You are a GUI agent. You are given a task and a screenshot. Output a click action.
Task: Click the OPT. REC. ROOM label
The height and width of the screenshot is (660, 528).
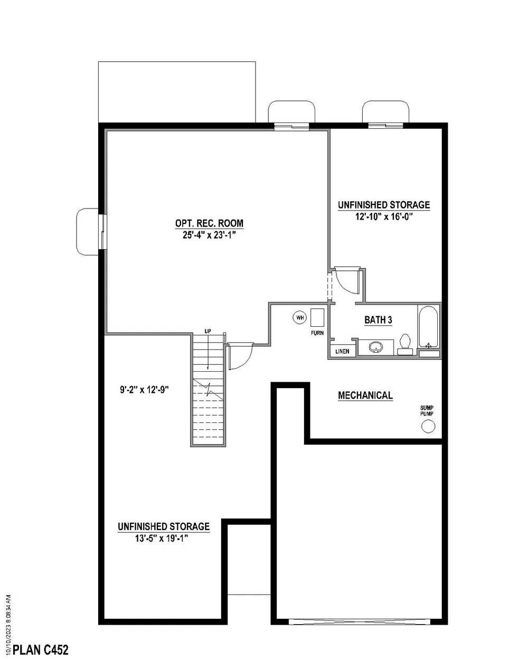pyautogui.click(x=209, y=223)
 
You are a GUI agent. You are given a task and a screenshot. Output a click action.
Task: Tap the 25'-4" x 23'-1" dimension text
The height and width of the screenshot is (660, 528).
pyautogui.click(x=209, y=235)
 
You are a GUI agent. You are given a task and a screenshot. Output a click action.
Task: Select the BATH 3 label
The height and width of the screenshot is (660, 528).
pyautogui.click(x=378, y=320)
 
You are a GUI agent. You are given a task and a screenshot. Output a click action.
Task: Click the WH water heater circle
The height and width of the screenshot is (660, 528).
pyautogui.click(x=300, y=317)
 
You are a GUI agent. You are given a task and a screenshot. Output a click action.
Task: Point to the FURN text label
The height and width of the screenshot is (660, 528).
pyautogui.click(x=317, y=334)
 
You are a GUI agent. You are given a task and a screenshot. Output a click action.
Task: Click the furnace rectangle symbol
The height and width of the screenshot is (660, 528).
pyautogui.click(x=317, y=318)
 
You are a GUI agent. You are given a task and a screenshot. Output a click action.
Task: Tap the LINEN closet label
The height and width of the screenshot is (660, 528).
pyautogui.click(x=342, y=351)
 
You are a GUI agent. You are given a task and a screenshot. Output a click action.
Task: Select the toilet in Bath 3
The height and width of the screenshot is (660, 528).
pyautogui.click(x=406, y=343)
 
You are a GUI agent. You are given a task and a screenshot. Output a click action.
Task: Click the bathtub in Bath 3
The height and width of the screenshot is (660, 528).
pyautogui.click(x=428, y=327)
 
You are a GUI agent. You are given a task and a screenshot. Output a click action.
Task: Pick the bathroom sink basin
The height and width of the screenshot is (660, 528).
pyautogui.click(x=376, y=347)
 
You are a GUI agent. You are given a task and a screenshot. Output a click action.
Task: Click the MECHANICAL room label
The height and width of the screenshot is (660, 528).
pyautogui.click(x=365, y=395)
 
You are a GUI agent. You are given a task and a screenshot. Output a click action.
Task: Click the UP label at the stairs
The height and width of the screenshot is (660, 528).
pyautogui.click(x=208, y=331)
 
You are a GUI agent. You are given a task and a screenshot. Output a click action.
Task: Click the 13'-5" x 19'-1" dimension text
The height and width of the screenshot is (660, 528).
pyautogui.click(x=163, y=538)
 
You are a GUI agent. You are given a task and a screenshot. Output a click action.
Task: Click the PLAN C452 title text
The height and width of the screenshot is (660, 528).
pyautogui.click(x=41, y=649)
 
